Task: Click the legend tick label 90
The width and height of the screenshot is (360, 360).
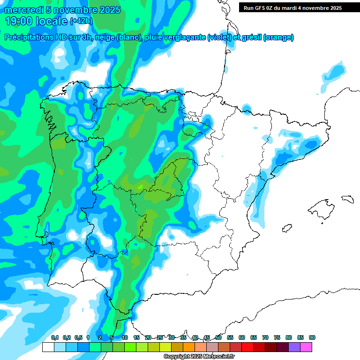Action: tap(312, 337)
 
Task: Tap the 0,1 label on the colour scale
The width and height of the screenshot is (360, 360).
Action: tap(55, 337)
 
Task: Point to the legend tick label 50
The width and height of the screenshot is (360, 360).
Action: tap(218, 337)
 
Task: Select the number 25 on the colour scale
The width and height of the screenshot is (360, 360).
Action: tap(160, 337)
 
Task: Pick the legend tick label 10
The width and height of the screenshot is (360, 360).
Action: tap(125, 337)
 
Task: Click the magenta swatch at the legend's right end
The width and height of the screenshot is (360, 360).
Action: tap(306, 347)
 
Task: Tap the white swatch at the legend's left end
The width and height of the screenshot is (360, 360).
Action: tap(48, 347)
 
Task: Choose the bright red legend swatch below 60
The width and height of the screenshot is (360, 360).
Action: tap(247, 347)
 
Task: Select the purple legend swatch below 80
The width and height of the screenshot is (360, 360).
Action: tap(294, 347)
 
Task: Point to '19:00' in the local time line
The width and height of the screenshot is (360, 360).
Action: tap(21, 21)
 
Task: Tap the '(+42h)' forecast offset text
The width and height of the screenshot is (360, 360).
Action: tap(82, 21)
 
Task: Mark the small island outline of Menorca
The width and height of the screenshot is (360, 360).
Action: tap(347, 198)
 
